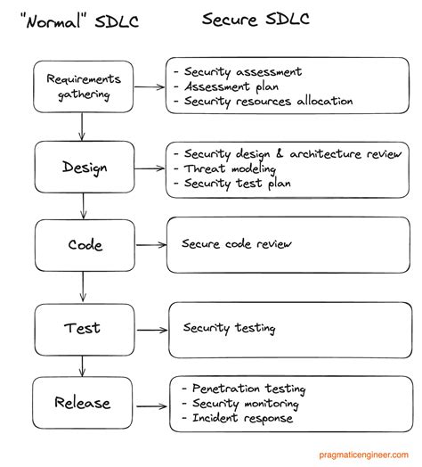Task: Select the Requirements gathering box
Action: click(83, 87)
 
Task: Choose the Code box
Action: click(85, 245)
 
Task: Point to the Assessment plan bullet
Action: click(233, 86)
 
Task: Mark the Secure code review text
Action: click(237, 242)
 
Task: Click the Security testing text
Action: click(229, 328)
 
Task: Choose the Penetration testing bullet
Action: click(248, 389)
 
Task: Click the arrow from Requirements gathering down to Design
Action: click(82, 127)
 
